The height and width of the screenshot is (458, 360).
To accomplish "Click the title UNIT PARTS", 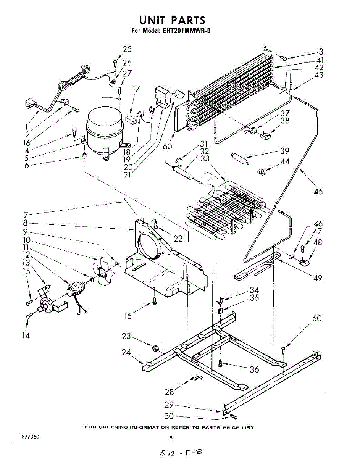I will point(172,20).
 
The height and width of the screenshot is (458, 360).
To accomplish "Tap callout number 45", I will point(318,191).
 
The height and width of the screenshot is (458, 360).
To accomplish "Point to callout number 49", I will point(317,278).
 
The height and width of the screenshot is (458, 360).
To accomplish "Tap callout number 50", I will point(317,318).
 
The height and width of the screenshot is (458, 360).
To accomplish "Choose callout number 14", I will point(26,335).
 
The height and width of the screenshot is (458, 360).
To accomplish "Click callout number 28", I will point(170,391).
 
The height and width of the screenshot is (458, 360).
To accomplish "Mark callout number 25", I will point(127,49).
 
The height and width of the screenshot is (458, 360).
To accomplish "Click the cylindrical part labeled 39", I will point(239,158).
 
